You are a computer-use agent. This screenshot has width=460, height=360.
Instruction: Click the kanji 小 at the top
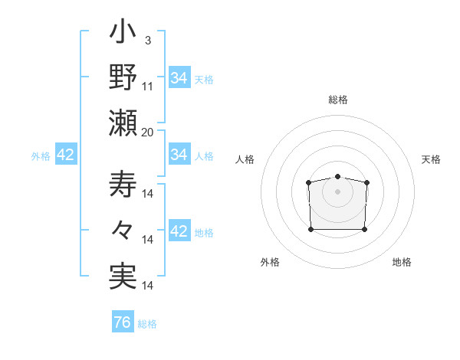click(x=123, y=34)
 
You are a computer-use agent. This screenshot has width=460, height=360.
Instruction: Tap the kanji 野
click(x=123, y=78)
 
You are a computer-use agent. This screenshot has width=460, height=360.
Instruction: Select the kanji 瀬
click(x=123, y=123)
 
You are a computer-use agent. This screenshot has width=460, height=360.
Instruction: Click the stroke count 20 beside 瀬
click(x=148, y=131)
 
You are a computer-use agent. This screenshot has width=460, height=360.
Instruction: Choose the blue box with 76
click(x=123, y=322)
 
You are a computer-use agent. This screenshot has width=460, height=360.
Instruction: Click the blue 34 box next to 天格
click(x=179, y=78)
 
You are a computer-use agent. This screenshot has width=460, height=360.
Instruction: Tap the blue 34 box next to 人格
click(x=179, y=155)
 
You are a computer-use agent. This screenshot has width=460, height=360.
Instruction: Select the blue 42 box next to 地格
click(x=179, y=231)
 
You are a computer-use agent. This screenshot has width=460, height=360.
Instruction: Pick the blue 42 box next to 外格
click(x=66, y=155)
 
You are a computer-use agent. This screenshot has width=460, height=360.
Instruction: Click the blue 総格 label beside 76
click(x=147, y=324)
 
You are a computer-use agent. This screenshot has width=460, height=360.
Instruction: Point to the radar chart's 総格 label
click(x=338, y=100)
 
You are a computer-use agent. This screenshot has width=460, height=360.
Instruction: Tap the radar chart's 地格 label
click(x=402, y=262)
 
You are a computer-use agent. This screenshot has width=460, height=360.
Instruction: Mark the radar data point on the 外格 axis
click(x=310, y=229)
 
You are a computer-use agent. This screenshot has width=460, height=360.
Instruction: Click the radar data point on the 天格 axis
click(x=366, y=182)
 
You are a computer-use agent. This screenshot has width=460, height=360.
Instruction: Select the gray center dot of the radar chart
click(x=338, y=191)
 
